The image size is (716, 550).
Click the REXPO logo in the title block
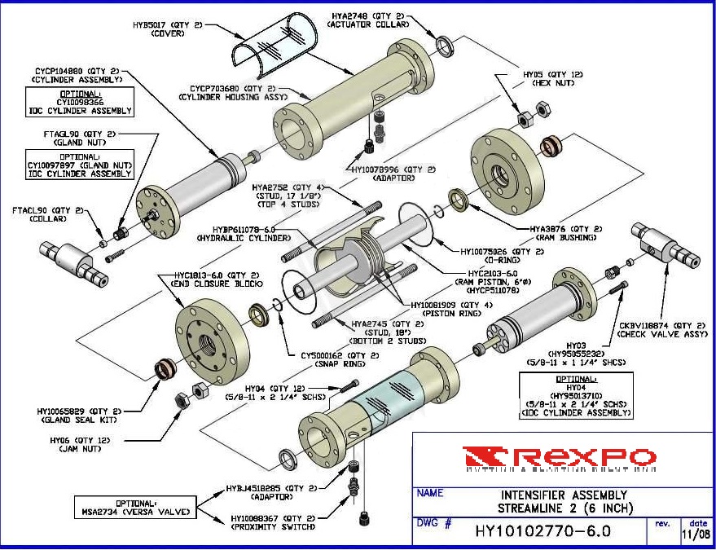(558, 458)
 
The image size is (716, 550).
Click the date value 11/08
(696, 535)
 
